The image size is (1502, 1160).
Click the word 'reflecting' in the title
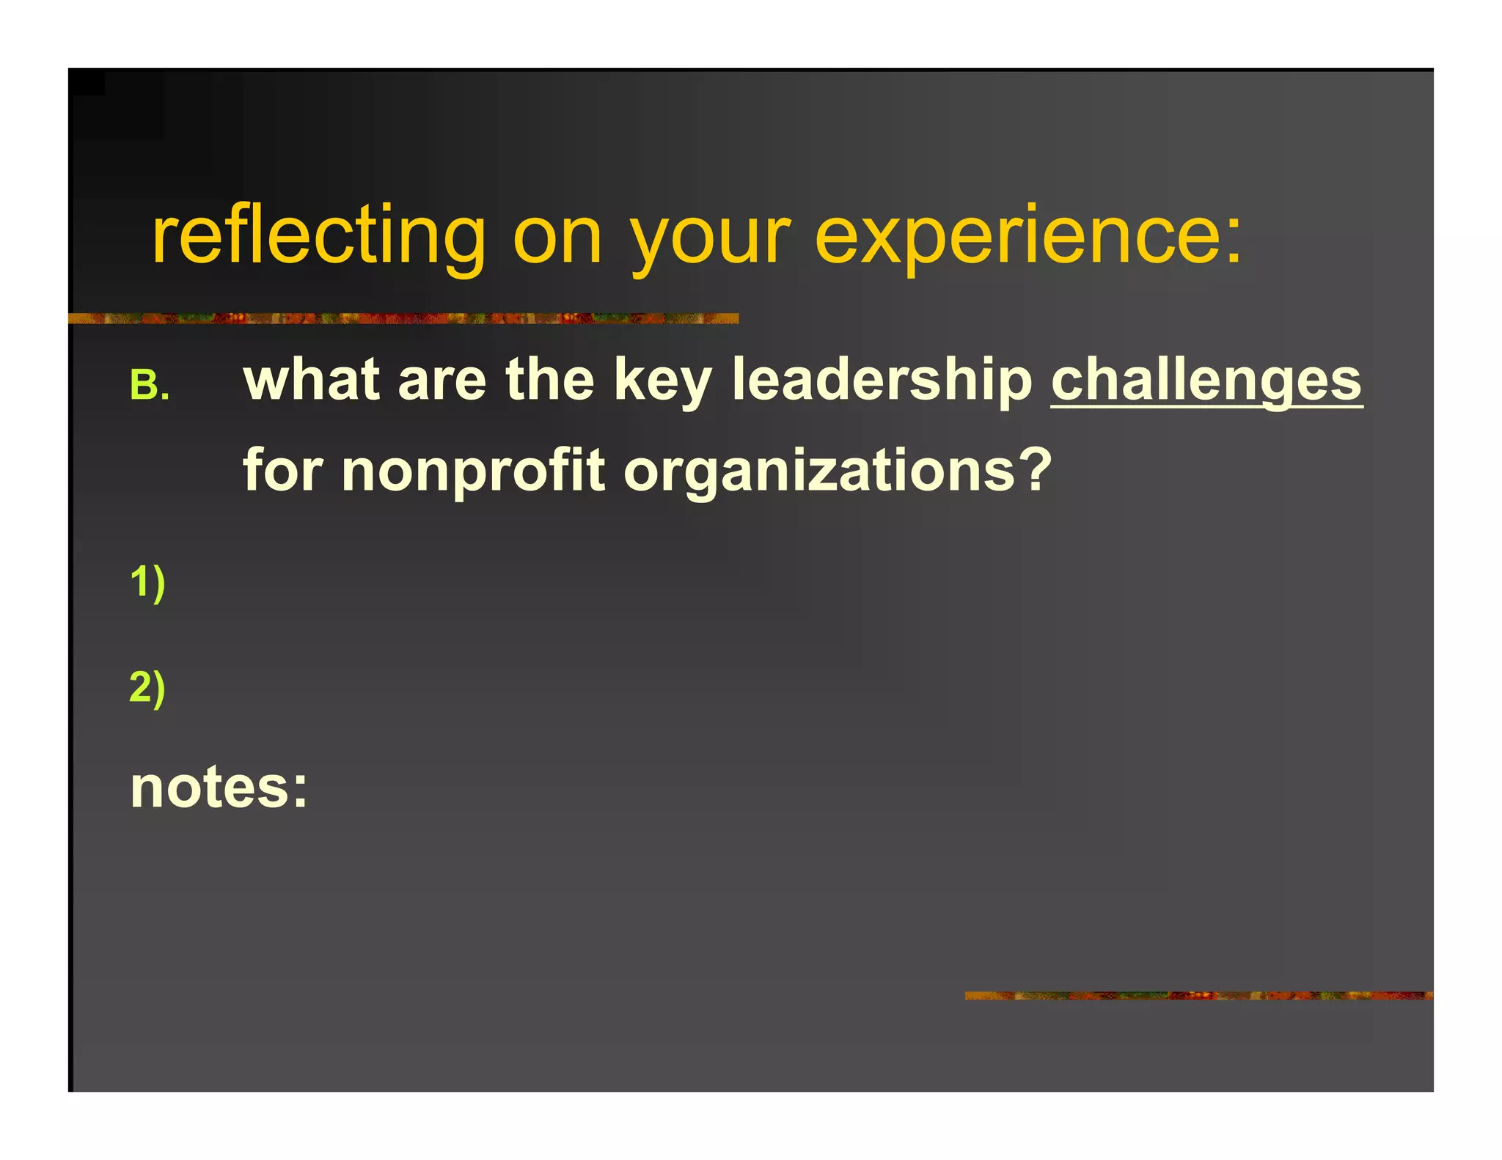318,236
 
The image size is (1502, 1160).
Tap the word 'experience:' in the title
1028,236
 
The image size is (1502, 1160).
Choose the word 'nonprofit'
473,471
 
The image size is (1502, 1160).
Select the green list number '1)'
147,584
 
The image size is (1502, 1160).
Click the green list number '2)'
147,689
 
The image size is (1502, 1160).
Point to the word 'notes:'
219,788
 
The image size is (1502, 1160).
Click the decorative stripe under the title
403,319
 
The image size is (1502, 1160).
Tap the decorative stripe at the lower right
1198,996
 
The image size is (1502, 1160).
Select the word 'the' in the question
549,380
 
